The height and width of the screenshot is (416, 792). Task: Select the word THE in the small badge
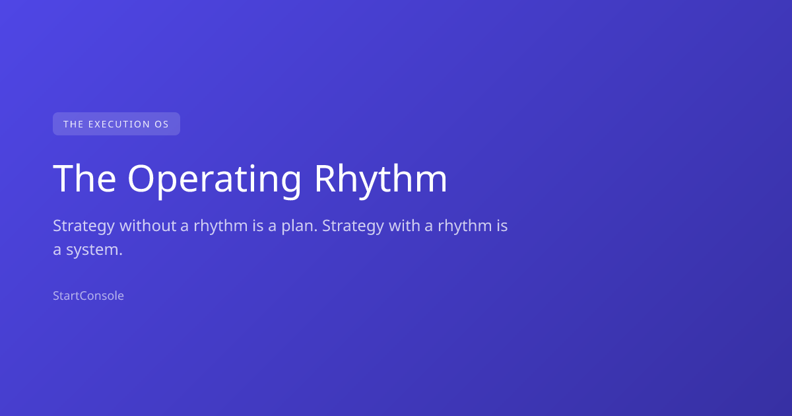(x=73, y=124)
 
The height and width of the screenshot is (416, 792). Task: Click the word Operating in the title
(x=214, y=180)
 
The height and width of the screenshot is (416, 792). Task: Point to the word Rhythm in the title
(x=381, y=180)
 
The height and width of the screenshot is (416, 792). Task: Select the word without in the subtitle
(x=148, y=225)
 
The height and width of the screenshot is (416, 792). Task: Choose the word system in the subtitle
(x=94, y=250)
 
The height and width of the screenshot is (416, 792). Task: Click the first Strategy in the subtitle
(x=84, y=226)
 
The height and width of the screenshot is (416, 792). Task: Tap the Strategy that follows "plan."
(x=353, y=226)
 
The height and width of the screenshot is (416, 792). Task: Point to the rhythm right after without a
(x=220, y=226)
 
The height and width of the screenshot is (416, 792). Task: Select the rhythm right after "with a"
(x=465, y=226)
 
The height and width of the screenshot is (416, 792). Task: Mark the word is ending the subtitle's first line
(x=502, y=225)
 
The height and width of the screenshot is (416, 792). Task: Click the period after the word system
(x=121, y=254)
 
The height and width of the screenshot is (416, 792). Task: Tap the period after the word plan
(x=315, y=230)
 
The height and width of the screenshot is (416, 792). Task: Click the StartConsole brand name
(x=88, y=296)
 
